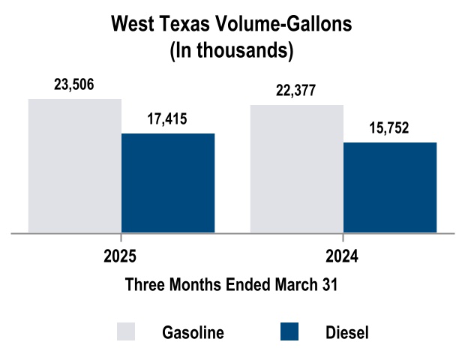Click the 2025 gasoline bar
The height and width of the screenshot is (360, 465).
[75, 166]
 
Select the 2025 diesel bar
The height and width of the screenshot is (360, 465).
[168, 183]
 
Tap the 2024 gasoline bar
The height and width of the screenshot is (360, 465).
[296, 169]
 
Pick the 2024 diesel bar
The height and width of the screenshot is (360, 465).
[390, 187]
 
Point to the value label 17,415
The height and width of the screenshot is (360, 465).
[168, 118]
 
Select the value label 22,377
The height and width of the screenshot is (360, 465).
[296, 91]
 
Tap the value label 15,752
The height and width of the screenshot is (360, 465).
[389, 127]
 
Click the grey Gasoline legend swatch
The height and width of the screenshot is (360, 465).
[126, 331]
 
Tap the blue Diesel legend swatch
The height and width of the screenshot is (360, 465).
[289, 331]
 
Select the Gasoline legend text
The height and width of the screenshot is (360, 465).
[193, 332]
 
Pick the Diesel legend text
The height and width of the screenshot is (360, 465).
[347, 332]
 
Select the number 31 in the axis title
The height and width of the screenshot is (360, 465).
[330, 285]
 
